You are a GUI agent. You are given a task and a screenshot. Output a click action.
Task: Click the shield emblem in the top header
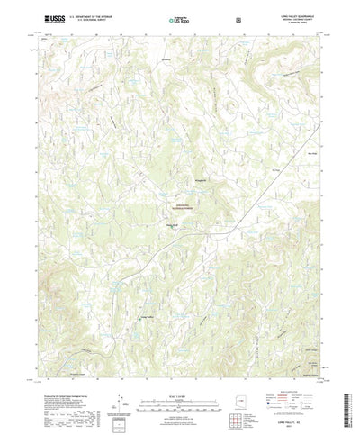[238, 18]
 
